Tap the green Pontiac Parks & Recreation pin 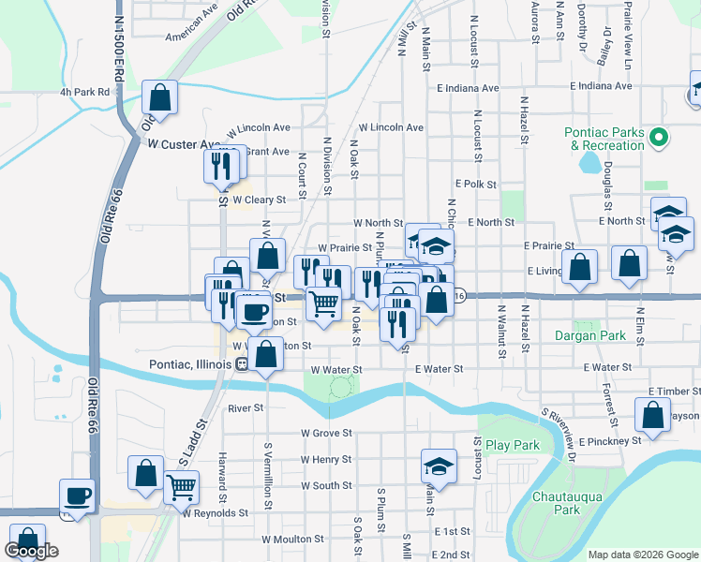coord(659,140)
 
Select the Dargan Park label coord(589,335)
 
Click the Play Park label coord(513,445)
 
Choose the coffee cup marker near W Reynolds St coord(77,495)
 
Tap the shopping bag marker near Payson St coord(652,414)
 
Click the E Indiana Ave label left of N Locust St coord(468,88)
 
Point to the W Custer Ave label coord(184,144)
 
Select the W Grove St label coord(325,434)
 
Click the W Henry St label coord(325,460)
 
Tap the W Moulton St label coord(292,540)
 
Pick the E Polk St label coord(475,185)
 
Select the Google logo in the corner coord(31,551)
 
